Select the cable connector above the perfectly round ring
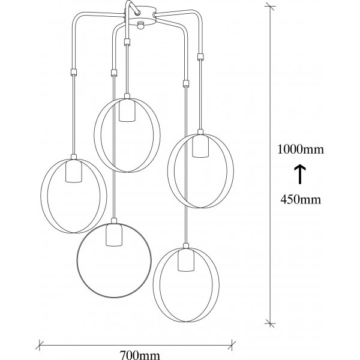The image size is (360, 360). coord(113,73)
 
